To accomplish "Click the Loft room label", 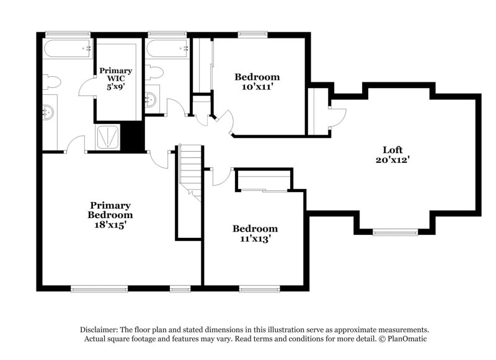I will click(392, 149).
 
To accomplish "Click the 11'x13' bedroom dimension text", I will click(254, 237).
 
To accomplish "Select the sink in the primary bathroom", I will click(49, 112).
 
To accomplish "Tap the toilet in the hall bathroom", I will click(154, 72).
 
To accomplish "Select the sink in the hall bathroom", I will click(151, 100).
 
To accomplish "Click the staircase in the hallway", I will click(190, 170).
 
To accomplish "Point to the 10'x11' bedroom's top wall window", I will click(250, 34).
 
